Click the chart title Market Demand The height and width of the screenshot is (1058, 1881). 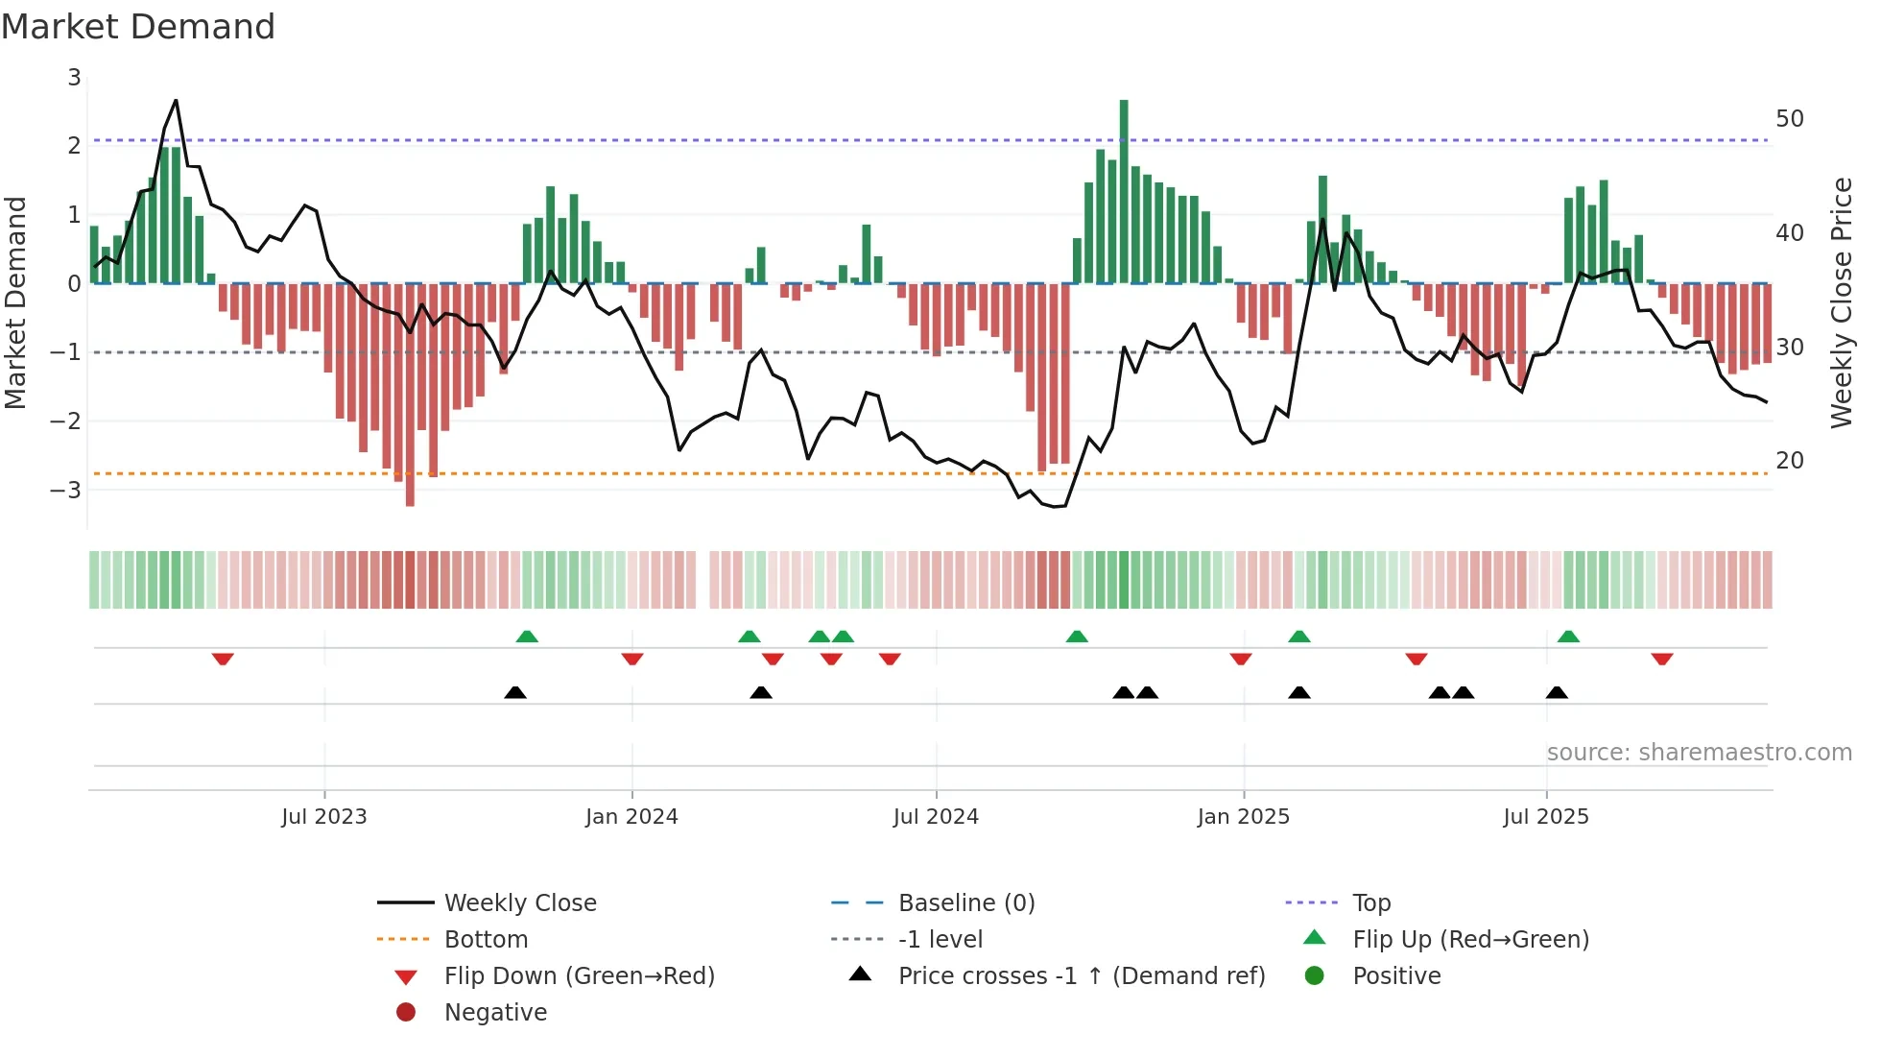coord(138,26)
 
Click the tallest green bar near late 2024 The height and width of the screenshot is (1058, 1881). coord(1124,192)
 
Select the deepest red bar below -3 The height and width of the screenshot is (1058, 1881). coord(410,394)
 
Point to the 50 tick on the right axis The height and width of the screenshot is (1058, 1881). coord(1789,119)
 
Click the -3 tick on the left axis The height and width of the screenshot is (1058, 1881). coord(66,491)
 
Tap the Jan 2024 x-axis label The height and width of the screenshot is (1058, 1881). coord(631,817)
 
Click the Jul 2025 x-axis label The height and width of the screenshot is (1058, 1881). coord(1545,817)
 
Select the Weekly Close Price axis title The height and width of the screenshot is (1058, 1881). coord(1841,302)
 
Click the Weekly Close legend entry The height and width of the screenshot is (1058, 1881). coord(519,903)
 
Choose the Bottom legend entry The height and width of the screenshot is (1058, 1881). coord(486,940)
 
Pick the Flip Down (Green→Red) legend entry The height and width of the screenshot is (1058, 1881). coord(579,976)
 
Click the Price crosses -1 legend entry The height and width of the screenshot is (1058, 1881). coord(1081,976)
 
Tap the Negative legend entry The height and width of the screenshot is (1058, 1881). coord(495,1013)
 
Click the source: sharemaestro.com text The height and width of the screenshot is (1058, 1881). coord(1699,753)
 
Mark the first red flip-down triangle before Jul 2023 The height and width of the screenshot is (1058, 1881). coord(223,660)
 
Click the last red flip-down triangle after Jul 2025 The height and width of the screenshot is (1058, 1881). coord(1662,660)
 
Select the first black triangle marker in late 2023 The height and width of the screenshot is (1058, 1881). coord(515,692)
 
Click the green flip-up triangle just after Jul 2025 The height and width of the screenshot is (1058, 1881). coord(1568,637)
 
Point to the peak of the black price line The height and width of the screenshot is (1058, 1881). coord(176,100)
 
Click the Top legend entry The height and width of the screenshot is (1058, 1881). coord(1370,903)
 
